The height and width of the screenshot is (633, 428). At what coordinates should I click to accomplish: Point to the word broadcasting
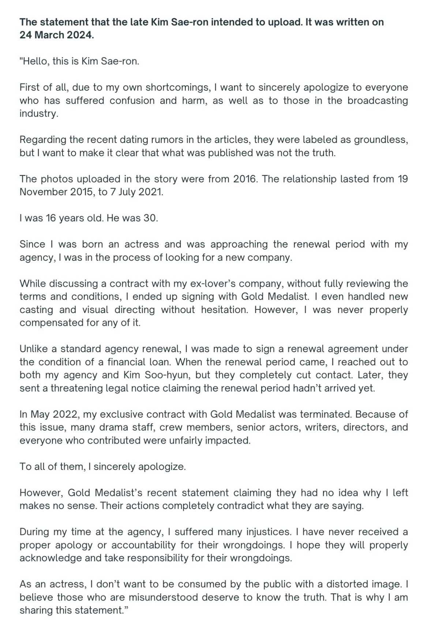(x=378, y=101)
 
